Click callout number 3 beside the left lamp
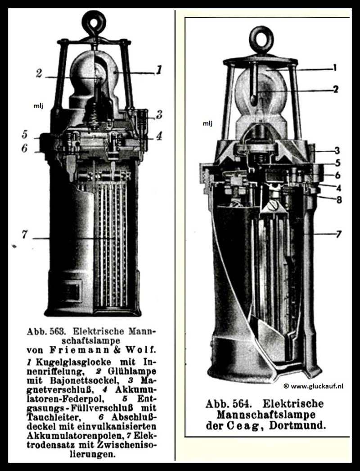coord(159,115)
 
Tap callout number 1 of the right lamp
coord(334,69)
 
